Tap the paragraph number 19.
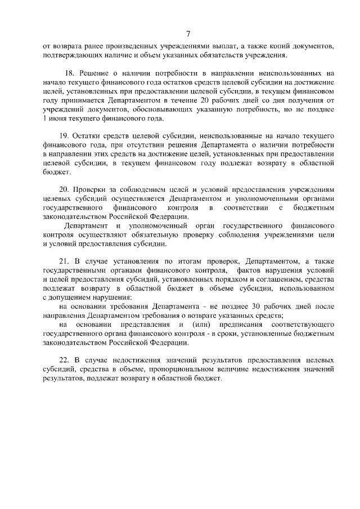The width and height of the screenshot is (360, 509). [64, 137]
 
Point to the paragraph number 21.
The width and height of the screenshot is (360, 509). [64, 261]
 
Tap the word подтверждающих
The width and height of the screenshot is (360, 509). [71, 55]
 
